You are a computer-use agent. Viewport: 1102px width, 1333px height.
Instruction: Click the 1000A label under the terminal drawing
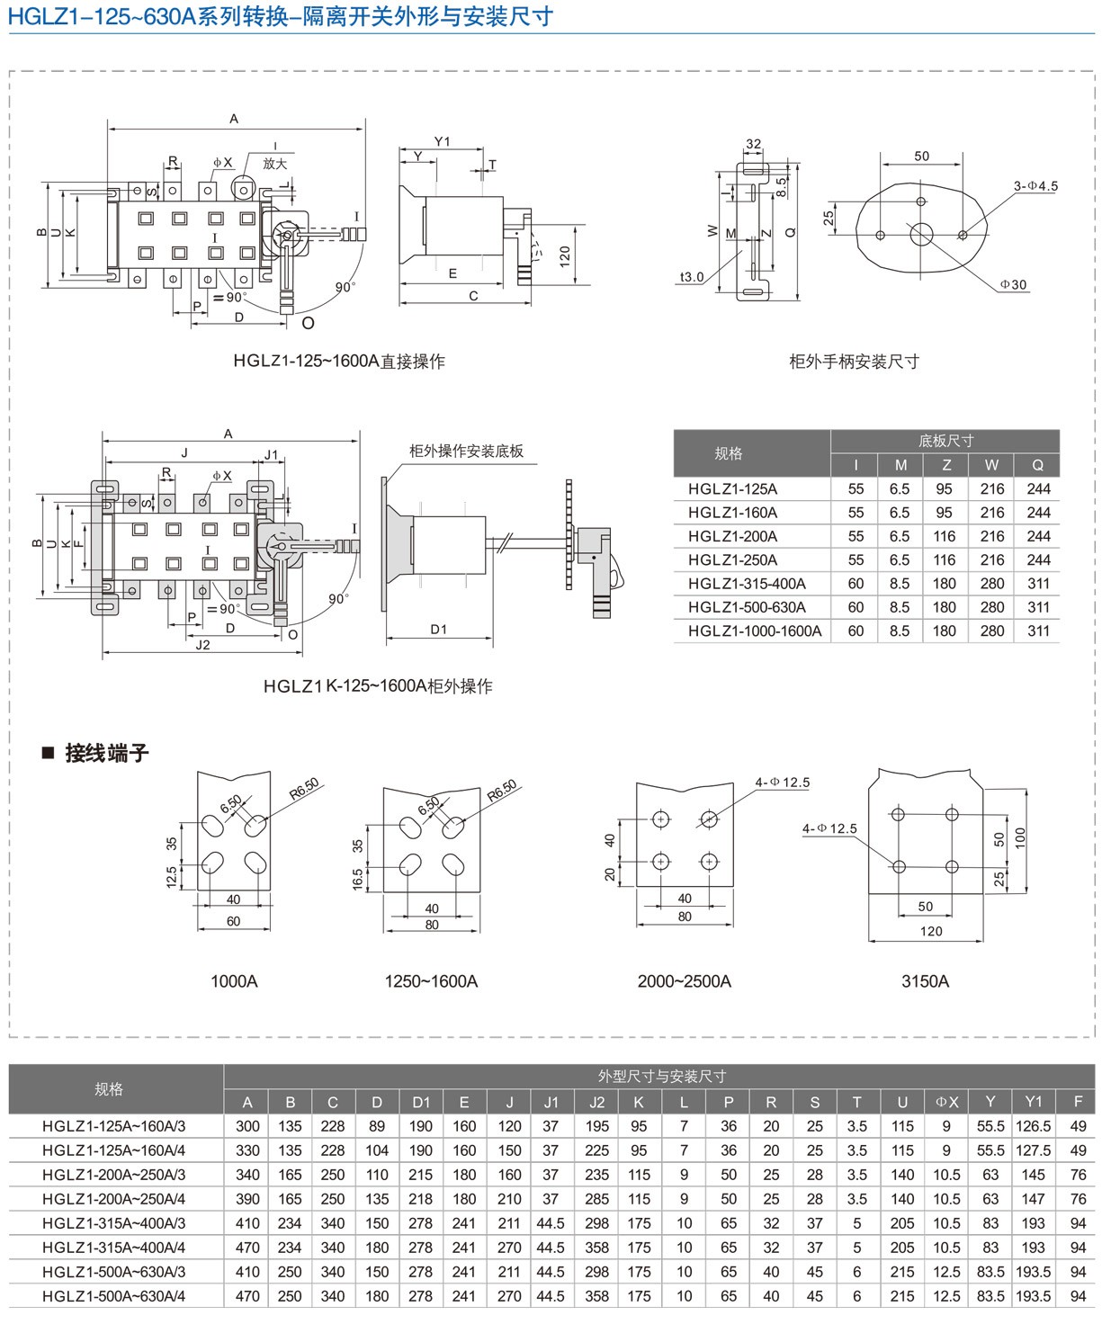234,981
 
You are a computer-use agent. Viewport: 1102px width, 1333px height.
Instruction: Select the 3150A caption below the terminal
925,981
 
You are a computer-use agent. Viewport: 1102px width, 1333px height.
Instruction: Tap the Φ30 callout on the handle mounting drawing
1013,285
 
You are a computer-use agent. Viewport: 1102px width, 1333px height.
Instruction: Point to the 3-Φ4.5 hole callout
1035,186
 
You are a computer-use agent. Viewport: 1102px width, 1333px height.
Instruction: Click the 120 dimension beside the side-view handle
565,257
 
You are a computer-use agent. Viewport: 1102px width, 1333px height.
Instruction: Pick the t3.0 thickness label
692,277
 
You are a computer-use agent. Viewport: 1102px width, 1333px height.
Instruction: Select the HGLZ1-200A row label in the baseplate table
732,536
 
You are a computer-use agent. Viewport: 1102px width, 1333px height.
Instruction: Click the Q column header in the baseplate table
1037,465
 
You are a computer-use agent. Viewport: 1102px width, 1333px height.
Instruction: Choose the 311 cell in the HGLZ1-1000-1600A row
1038,631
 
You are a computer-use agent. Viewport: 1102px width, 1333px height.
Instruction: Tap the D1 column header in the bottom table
421,1102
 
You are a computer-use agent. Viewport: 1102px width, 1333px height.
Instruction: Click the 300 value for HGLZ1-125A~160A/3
247,1126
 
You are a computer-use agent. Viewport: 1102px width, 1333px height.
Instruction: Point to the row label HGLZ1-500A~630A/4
114,1296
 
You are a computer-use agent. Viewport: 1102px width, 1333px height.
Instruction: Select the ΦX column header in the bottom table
947,1102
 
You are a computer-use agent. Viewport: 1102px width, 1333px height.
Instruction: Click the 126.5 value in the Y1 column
1033,1126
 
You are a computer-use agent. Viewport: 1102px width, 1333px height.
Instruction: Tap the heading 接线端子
106,754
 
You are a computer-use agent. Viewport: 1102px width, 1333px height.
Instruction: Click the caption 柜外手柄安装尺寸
854,362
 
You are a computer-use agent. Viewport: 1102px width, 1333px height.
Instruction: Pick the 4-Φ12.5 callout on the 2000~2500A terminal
783,783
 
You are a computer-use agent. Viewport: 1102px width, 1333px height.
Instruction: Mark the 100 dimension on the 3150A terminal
1020,838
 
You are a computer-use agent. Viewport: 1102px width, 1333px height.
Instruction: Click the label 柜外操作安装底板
466,452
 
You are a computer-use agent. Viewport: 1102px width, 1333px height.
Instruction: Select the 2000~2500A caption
684,981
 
